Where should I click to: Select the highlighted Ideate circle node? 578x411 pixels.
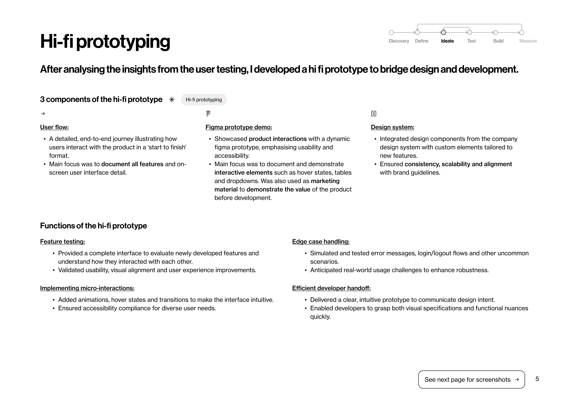pos(443,32)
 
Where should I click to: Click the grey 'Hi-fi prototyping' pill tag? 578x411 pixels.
pos(204,100)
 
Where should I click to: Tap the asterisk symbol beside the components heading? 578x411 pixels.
pos(172,100)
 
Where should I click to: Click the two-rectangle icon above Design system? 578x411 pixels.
pos(373,114)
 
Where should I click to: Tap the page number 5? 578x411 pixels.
pos(537,379)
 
